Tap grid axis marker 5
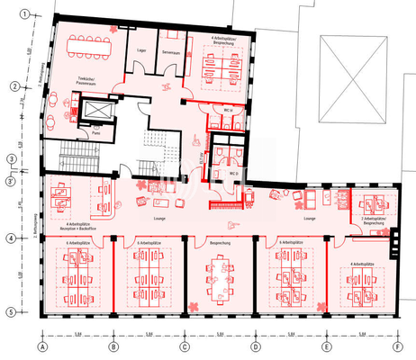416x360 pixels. click(12, 312)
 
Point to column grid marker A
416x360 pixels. click(41, 346)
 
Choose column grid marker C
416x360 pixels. click(184, 346)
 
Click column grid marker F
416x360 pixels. click(396, 346)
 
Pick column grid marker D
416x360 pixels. click(255, 346)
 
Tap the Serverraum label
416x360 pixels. click(172, 50)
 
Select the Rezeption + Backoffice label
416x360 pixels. click(77, 229)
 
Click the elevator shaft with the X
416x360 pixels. click(95, 109)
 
